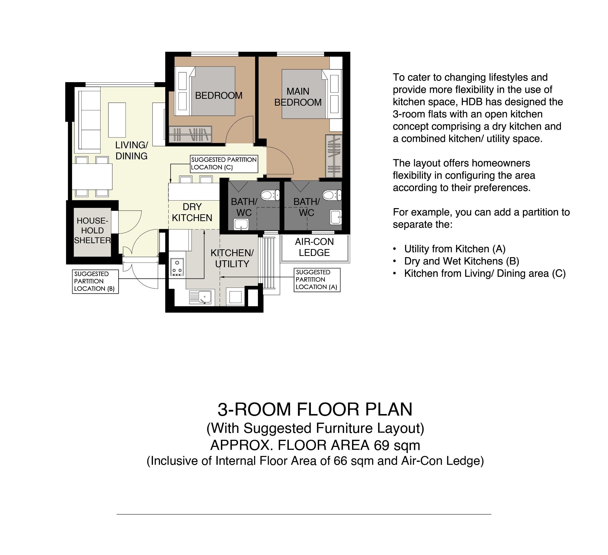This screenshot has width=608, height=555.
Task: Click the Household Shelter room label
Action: [x=92, y=231]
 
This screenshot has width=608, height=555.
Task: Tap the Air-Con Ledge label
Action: [x=314, y=247]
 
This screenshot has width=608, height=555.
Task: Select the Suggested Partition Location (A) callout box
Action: [x=317, y=280]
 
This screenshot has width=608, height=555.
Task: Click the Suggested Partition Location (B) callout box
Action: [x=95, y=282]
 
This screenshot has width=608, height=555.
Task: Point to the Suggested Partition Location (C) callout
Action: [x=224, y=164]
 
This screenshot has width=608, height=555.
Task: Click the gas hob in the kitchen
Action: [x=177, y=267]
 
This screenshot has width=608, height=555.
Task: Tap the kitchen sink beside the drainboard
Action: [x=204, y=297]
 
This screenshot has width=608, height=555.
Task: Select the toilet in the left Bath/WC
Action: [x=270, y=195]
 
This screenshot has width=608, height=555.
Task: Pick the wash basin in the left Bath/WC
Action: [x=241, y=224]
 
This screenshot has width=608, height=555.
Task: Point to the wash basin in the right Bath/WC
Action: [x=336, y=217]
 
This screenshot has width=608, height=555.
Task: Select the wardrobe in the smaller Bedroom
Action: [x=190, y=134]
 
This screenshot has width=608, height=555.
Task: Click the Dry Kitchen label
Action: [x=192, y=212]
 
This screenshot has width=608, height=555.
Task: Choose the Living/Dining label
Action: [x=131, y=151]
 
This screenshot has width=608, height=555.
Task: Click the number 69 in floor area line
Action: [x=381, y=445]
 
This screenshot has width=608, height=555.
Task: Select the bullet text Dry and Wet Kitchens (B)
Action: [x=462, y=261]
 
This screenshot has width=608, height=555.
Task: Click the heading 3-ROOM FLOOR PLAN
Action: [x=315, y=409]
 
